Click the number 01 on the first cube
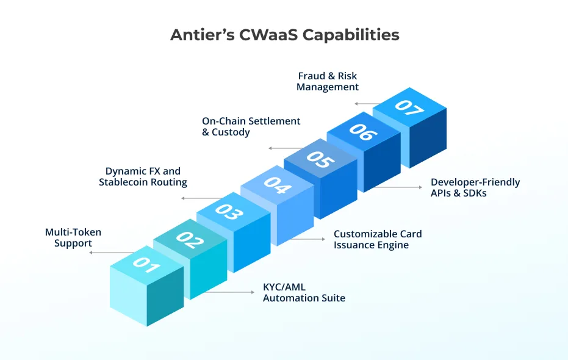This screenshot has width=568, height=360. (146, 265)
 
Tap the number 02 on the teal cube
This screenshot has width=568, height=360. (190, 240)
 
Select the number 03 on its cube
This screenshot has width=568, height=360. (229, 212)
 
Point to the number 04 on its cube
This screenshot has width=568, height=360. (278, 185)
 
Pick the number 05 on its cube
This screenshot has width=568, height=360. (320, 159)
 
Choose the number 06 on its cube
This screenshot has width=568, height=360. (364, 132)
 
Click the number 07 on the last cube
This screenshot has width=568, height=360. (409, 107)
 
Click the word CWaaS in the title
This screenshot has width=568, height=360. (268, 35)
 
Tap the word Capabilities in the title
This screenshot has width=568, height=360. (351, 35)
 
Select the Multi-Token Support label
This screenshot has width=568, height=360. (73, 237)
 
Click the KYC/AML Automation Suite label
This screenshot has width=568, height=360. (304, 293)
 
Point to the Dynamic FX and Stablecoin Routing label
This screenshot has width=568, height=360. (143, 176)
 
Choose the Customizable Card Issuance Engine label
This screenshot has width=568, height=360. (378, 239)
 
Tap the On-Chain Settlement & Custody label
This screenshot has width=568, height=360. (251, 126)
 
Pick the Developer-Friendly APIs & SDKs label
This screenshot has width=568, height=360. (475, 187)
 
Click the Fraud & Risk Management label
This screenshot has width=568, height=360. (328, 82)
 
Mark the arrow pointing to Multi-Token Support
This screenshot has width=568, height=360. (112, 253)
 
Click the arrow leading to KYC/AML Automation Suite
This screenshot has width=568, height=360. (229, 292)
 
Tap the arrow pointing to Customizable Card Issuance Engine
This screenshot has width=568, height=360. (308, 239)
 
